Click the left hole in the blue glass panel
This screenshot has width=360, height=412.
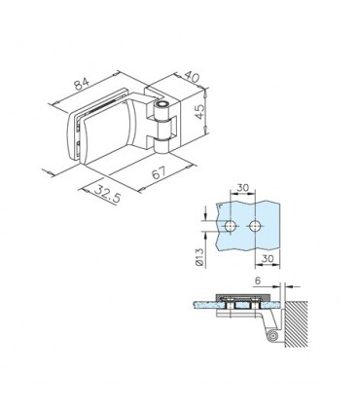(x=230, y=226)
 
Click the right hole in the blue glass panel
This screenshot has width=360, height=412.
(x=254, y=226)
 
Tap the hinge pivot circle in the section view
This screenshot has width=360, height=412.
(x=275, y=336)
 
